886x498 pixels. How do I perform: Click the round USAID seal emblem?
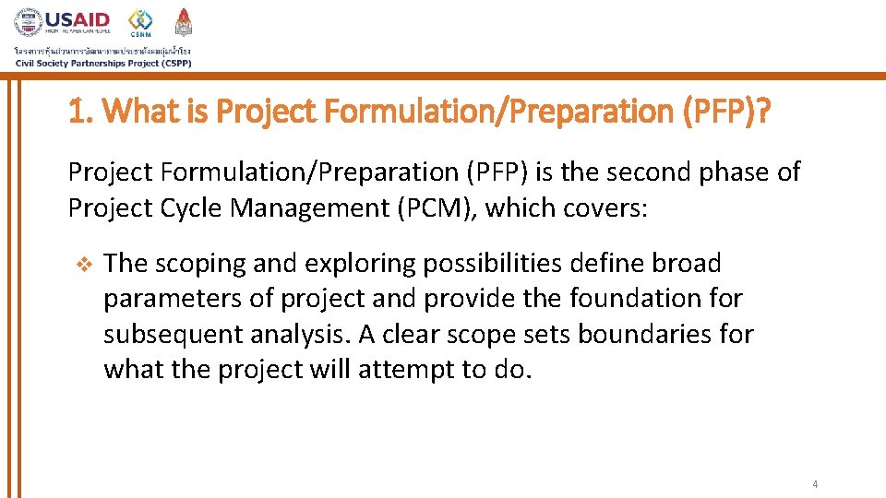point(28,22)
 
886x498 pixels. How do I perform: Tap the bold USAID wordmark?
point(78,19)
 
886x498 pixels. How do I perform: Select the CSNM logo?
point(141,22)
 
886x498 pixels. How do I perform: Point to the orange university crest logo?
point(184,21)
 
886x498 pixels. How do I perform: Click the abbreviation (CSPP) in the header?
point(174,63)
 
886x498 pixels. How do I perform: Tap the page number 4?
point(815,484)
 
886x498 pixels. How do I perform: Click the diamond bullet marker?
point(81,264)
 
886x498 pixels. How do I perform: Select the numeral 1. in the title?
point(80,113)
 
